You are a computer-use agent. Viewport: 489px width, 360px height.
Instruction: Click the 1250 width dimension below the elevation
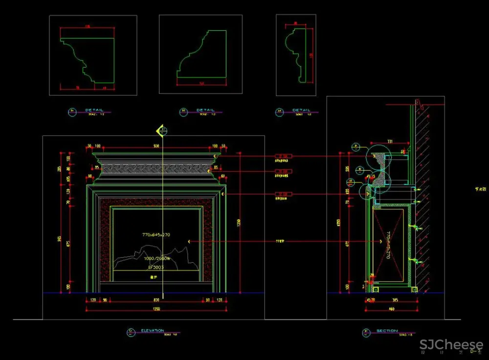[x=156, y=309]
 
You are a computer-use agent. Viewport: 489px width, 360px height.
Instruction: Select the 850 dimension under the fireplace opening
[x=156, y=299]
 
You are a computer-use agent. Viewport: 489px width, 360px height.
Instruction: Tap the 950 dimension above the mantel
[x=156, y=146]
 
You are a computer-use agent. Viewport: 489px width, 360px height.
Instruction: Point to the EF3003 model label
[x=156, y=268]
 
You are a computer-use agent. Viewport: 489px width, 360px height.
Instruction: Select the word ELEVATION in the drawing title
[x=152, y=331]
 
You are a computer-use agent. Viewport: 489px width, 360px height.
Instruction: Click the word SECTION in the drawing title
[x=387, y=331]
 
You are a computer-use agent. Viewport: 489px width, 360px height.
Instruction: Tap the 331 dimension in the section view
[x=390, y=142]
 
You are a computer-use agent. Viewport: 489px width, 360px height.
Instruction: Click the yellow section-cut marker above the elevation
[x=161, y=131]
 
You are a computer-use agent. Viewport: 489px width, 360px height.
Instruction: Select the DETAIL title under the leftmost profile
[x=94, y=110]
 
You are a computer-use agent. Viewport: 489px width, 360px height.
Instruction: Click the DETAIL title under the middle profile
[x=205, y=110]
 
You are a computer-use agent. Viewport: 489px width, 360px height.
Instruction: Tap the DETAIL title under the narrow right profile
[x=301, y=110]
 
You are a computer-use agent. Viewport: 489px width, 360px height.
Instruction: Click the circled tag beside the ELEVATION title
[x=131, y=332]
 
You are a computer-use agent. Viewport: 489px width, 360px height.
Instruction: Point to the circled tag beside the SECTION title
[x=365, y=333]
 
